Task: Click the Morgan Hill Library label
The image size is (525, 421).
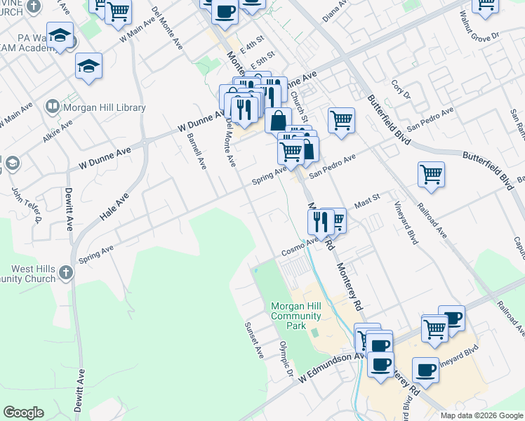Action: click(x=104, y=107)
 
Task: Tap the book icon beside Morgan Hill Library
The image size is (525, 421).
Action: click(x=52, y=107)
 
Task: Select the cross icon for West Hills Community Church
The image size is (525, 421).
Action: click(x=65, y=272)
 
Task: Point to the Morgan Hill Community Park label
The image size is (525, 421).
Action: click(x=296, y=315)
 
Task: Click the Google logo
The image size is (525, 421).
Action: click(x=23, y=413)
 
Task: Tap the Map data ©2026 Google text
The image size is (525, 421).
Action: click(x=481, y=415)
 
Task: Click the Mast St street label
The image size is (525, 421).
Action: click(x=366, y=201)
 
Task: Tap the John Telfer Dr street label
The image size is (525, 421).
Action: click(x=27, y=205)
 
